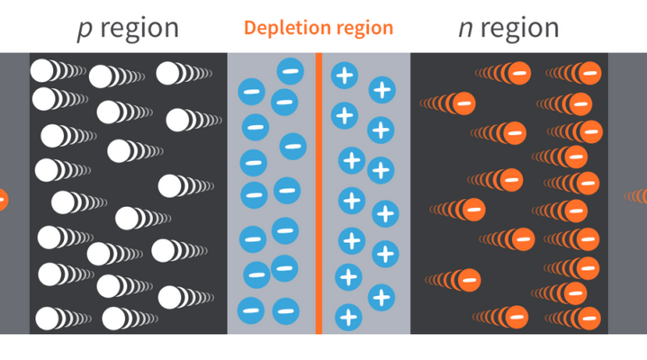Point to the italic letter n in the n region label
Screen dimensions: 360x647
tap(465, 29)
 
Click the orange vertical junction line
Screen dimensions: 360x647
tap(319, 193)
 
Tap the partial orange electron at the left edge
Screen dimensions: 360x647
tap(3, 199)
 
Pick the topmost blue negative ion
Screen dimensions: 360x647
tap(290, 70)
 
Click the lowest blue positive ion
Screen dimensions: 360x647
tap(348, 317)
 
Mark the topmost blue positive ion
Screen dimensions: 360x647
tap(344, 75)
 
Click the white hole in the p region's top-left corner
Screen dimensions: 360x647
tap(43, 70)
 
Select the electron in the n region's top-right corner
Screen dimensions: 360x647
tap(589, 72)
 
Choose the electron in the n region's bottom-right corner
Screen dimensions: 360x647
tap(589, 317)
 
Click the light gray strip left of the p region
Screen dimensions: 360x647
tap(14, 135)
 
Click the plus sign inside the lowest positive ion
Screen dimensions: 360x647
tap(348, 317)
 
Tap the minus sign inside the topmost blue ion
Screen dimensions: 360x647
tap(290, 70)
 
